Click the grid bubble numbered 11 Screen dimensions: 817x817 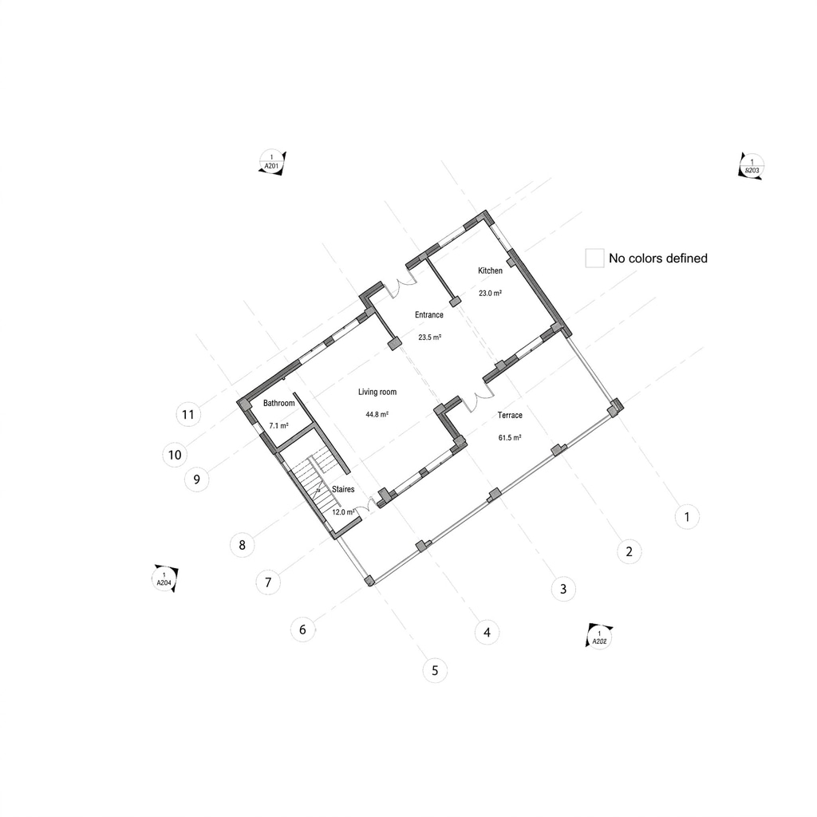(188, 414)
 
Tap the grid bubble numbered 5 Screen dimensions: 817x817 (435, 670)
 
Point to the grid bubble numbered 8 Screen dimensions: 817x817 (243, 545)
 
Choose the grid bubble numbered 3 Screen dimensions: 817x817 (563, 589)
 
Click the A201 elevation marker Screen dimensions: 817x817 (272, 163)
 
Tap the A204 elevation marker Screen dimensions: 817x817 (165, 578)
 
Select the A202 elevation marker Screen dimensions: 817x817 (599, 637)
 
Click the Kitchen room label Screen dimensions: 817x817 (491, 270)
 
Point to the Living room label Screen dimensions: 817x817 (377, 392)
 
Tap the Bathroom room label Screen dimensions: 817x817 (278, 403)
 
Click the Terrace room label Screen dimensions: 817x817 (510, 415)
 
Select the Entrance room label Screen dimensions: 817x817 (428, 314)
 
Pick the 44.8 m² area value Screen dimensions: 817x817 (377, 415)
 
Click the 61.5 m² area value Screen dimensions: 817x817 (510, 438)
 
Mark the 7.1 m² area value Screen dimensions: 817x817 (278, 426)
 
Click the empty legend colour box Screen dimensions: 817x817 (594, 258)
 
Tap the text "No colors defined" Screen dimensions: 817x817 (658, 259)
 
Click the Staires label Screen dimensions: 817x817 (343, 489)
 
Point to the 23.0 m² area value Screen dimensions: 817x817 (491, 294)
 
